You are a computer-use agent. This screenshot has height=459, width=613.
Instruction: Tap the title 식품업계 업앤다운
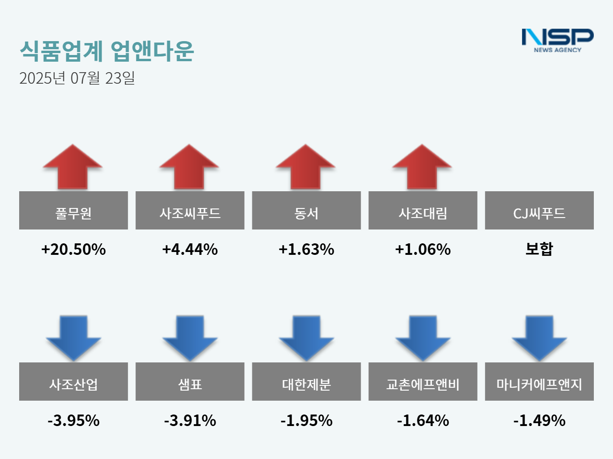106,51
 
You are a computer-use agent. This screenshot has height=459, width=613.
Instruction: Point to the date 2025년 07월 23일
77,78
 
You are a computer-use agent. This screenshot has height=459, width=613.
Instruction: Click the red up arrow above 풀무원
73,167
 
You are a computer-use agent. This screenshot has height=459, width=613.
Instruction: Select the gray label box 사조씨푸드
190,210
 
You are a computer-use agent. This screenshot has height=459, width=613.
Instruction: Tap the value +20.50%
73,249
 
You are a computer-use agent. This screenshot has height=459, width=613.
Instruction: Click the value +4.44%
190,249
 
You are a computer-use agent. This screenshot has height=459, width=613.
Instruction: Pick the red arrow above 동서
306,167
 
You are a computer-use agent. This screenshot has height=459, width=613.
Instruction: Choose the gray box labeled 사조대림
422,210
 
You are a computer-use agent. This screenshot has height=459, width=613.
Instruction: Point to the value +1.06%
422,249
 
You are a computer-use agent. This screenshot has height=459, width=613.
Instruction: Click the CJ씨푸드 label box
539,210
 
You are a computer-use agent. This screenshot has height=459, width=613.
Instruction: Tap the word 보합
539,249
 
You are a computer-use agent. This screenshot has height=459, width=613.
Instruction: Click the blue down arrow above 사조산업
73,337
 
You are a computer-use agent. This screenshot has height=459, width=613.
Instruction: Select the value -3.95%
73,420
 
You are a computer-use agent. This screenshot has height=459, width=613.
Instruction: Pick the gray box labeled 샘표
190,382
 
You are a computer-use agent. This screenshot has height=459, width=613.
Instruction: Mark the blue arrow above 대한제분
306,337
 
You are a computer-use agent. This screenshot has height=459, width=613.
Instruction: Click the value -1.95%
306,420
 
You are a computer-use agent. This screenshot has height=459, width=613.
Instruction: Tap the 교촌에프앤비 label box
422,382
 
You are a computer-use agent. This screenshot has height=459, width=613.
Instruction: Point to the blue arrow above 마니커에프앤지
539,337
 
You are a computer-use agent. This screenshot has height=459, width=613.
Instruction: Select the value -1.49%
539,420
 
